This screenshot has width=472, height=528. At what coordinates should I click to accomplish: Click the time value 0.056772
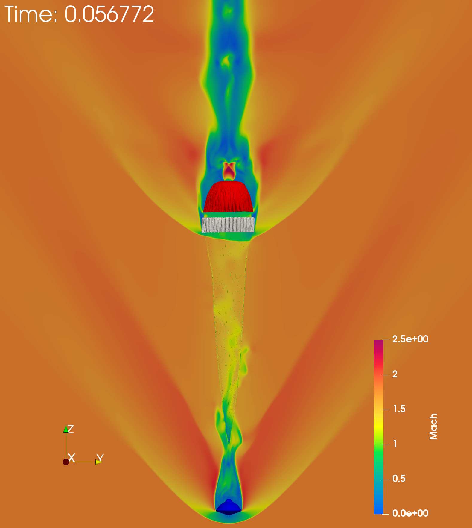click(109, 14)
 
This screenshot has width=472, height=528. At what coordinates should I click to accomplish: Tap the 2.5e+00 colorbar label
click(410, 339)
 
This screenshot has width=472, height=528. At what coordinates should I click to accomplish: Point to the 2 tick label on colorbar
click(395, 374)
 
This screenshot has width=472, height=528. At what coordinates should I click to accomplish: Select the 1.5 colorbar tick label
click(399, 409)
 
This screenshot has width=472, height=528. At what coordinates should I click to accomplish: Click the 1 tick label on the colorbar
click(395, 444)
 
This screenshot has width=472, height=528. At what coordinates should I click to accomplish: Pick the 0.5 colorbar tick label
click(399, 478)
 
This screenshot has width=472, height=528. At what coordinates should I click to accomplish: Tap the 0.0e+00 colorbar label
click(410, 513)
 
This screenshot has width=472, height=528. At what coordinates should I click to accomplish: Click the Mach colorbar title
click(433, 427)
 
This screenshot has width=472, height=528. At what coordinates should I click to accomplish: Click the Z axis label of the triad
click(71, 429)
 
